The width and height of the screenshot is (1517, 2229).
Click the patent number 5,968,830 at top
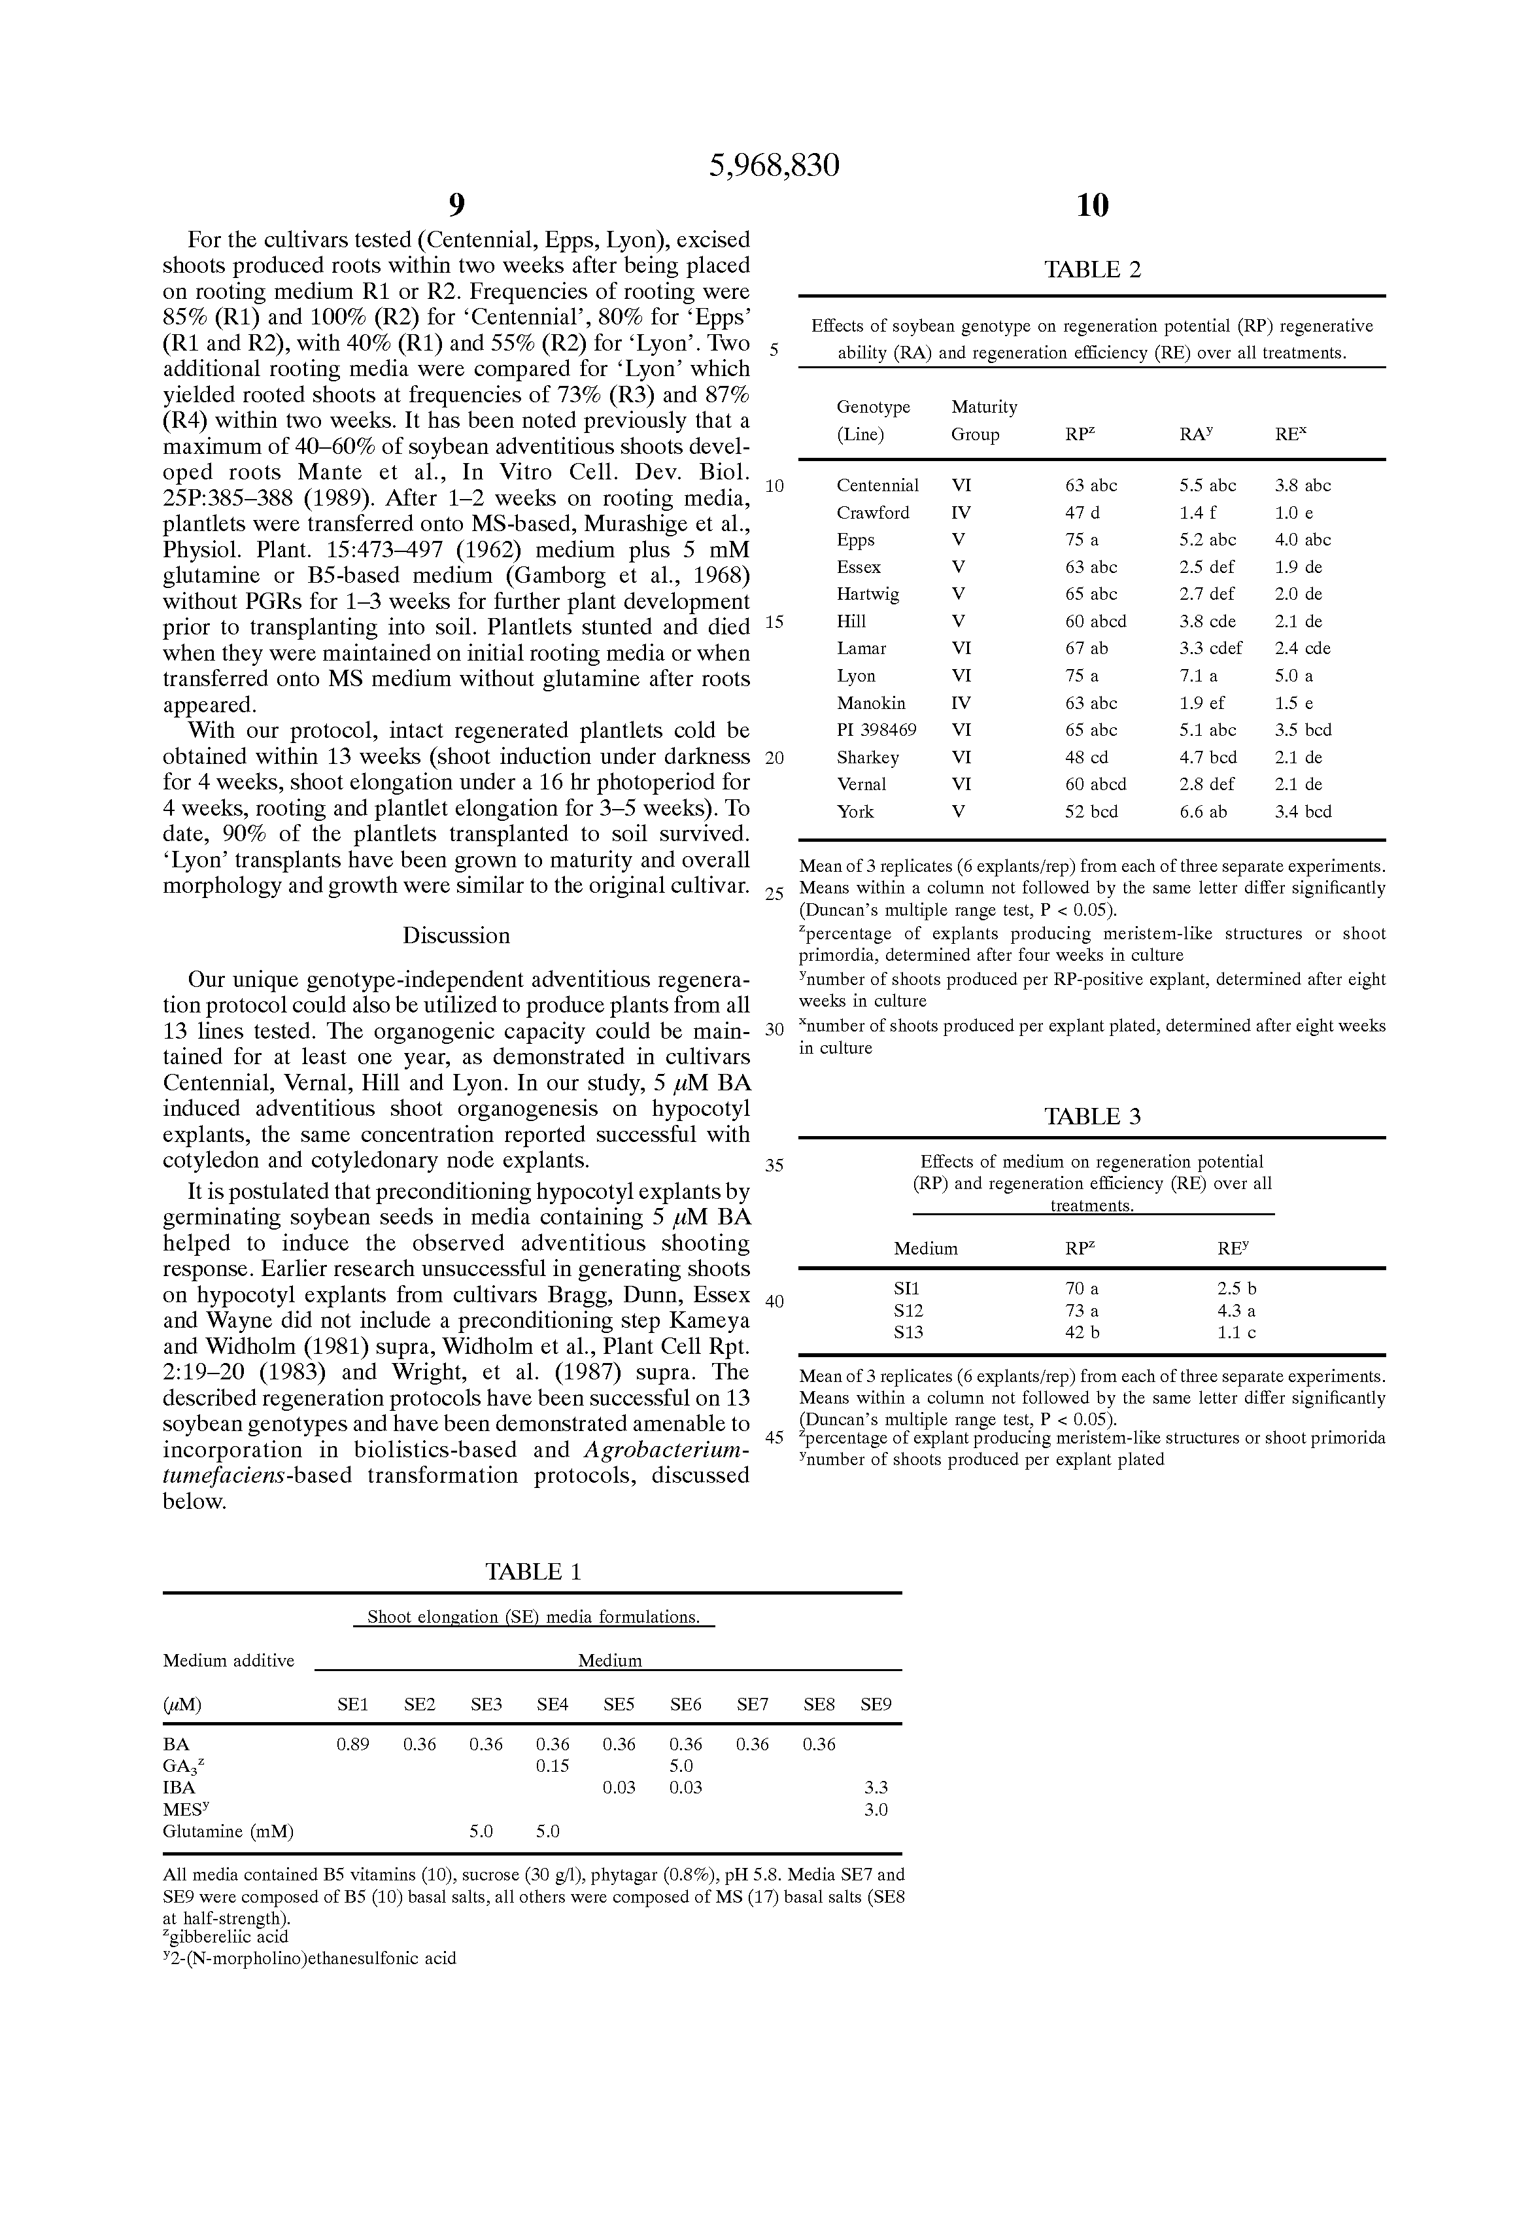774,166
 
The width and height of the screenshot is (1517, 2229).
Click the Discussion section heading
456,935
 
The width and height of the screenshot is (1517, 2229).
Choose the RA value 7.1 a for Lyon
1198,676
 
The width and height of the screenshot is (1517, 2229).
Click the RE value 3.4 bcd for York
1303,812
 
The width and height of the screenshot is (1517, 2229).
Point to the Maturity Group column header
983,420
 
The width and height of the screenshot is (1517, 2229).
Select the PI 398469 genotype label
876,730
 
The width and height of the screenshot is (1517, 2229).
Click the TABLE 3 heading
1092,1117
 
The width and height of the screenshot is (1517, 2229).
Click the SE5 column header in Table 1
619,1704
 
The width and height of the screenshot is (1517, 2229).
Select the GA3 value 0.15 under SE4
553,1766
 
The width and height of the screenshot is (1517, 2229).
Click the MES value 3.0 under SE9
876,1810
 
